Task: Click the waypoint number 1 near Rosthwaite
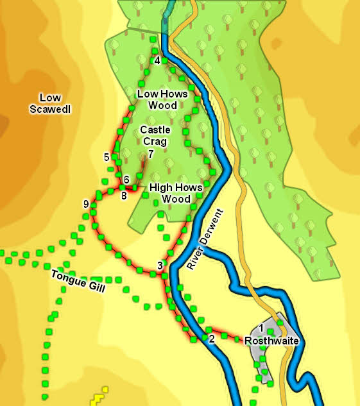click(261, 328)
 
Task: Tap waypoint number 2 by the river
click(212, 339)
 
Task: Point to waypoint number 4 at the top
click(157, 61)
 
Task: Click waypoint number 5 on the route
click(106, 156)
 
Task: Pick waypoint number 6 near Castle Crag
click(126, 179)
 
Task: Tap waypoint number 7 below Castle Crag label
click(150, 154)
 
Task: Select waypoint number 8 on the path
click(124, 195)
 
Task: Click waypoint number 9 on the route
click(85, 204)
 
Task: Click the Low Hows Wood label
click(162, 99)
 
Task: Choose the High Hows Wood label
click(176, 193)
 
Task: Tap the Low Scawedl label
click(50, 103)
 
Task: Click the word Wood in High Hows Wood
click(176, 199)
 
